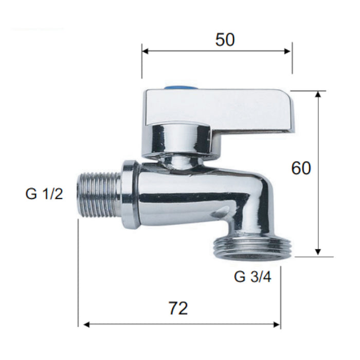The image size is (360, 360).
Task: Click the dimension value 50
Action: [x=225, y=40]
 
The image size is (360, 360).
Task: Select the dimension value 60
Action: [x=301, y=168]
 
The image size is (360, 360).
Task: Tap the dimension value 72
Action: [x=178, y=308]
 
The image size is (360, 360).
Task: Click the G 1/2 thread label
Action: [x=44, y=194]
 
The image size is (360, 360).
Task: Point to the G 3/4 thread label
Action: [x=253, y=277]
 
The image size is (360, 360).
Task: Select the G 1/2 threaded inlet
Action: [x=98, y=195]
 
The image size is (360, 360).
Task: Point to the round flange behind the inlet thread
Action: [x=129, y=195]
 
